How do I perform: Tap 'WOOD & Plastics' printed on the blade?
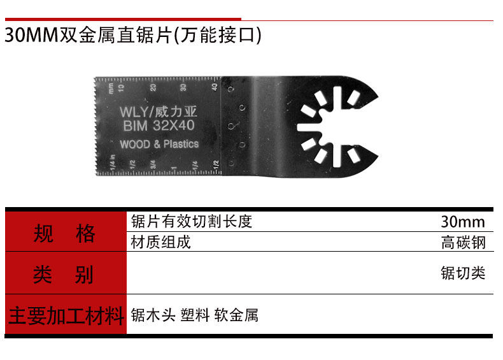159,144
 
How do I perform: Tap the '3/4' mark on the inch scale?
153,164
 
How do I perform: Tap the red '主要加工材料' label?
65,315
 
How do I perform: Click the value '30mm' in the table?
463,222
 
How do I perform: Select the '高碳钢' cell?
463,243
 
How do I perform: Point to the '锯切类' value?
463,273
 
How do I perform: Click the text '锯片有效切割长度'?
192,222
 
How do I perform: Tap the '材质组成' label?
160,242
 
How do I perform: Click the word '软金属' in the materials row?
236,315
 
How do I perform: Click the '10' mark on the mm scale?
122,87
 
